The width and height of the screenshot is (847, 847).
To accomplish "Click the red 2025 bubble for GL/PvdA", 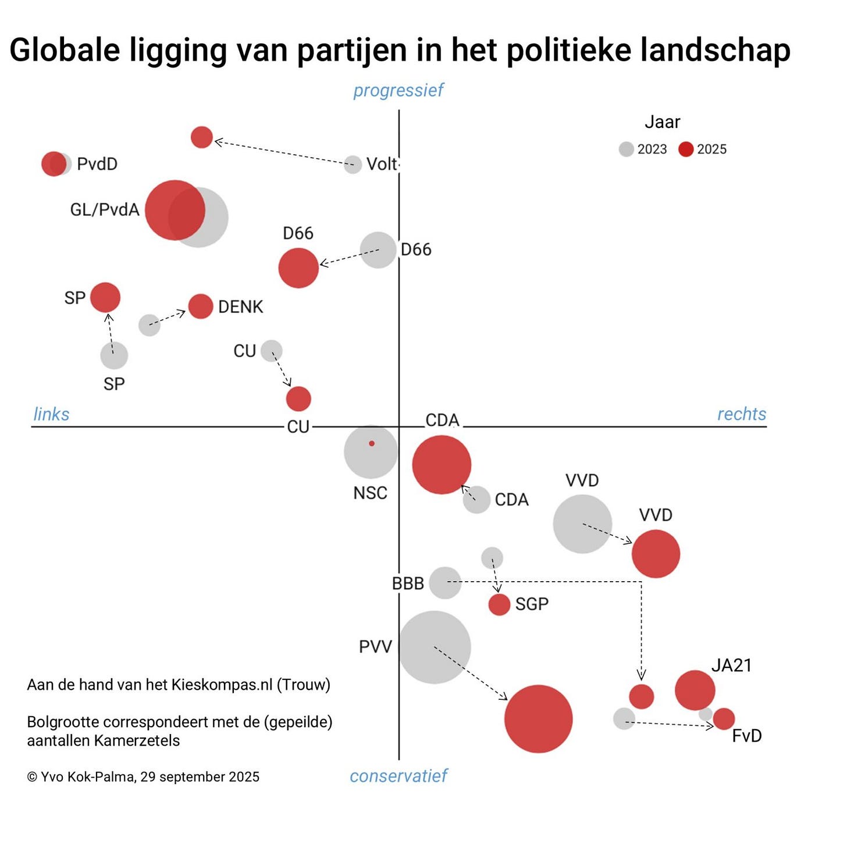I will click(175, 210).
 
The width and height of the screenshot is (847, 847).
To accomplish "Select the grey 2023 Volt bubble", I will click(353, 165).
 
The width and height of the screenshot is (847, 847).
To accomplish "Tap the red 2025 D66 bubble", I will click(298, 268).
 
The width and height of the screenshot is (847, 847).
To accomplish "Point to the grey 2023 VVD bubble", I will click(582, 524).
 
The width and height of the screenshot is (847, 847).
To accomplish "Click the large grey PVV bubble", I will click(434, 647).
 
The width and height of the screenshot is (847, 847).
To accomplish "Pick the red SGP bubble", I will click(499, 604).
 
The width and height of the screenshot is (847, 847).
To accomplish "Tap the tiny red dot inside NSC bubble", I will click(372, 443).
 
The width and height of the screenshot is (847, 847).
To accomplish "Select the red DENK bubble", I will click(201, 307).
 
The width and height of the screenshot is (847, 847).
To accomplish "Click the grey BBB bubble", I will click(445, 582).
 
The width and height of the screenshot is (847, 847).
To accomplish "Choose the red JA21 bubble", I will click(695, 690).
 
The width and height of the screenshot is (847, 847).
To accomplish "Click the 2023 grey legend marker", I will click(626, 150).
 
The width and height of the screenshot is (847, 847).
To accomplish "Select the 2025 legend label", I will click(711, 150).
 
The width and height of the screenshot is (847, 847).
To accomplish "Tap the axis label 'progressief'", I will click(398, 91).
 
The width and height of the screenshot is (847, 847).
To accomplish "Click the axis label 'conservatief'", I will click(398, 775).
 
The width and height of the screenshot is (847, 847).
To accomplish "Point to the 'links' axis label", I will click(51, 414).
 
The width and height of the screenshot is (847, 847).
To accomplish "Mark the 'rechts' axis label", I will click(741, 414).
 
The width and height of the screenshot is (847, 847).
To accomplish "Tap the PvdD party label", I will click(97, 164).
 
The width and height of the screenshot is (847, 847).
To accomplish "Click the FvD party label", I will click(746, 736).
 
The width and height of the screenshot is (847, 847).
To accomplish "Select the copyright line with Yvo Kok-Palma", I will click(143, 777).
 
